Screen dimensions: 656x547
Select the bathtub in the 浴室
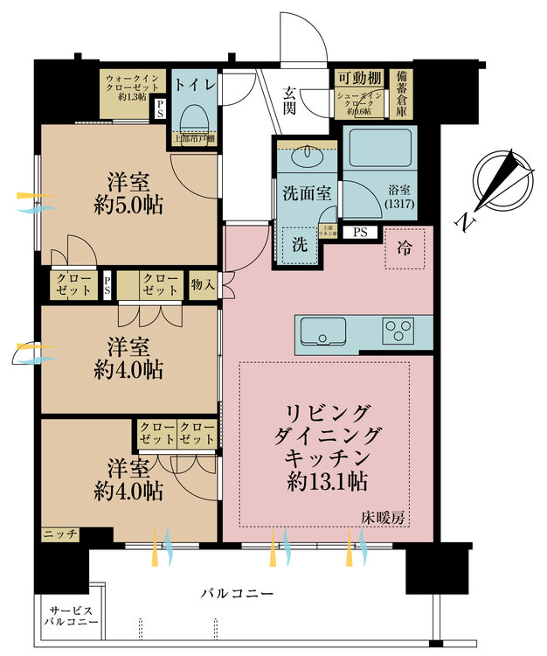[x=377, y=147]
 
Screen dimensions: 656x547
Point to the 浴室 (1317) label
[x=398, y=197]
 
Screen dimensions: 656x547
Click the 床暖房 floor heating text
[x=384, y=518]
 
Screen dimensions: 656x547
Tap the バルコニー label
[x=237, y=594]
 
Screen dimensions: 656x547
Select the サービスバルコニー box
[x=71, y=617]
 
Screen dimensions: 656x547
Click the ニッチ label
[x=60, y=533]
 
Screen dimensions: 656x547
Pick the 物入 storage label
[x=202, y=284]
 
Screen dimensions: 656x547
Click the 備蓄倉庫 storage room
[x=403, y=90]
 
